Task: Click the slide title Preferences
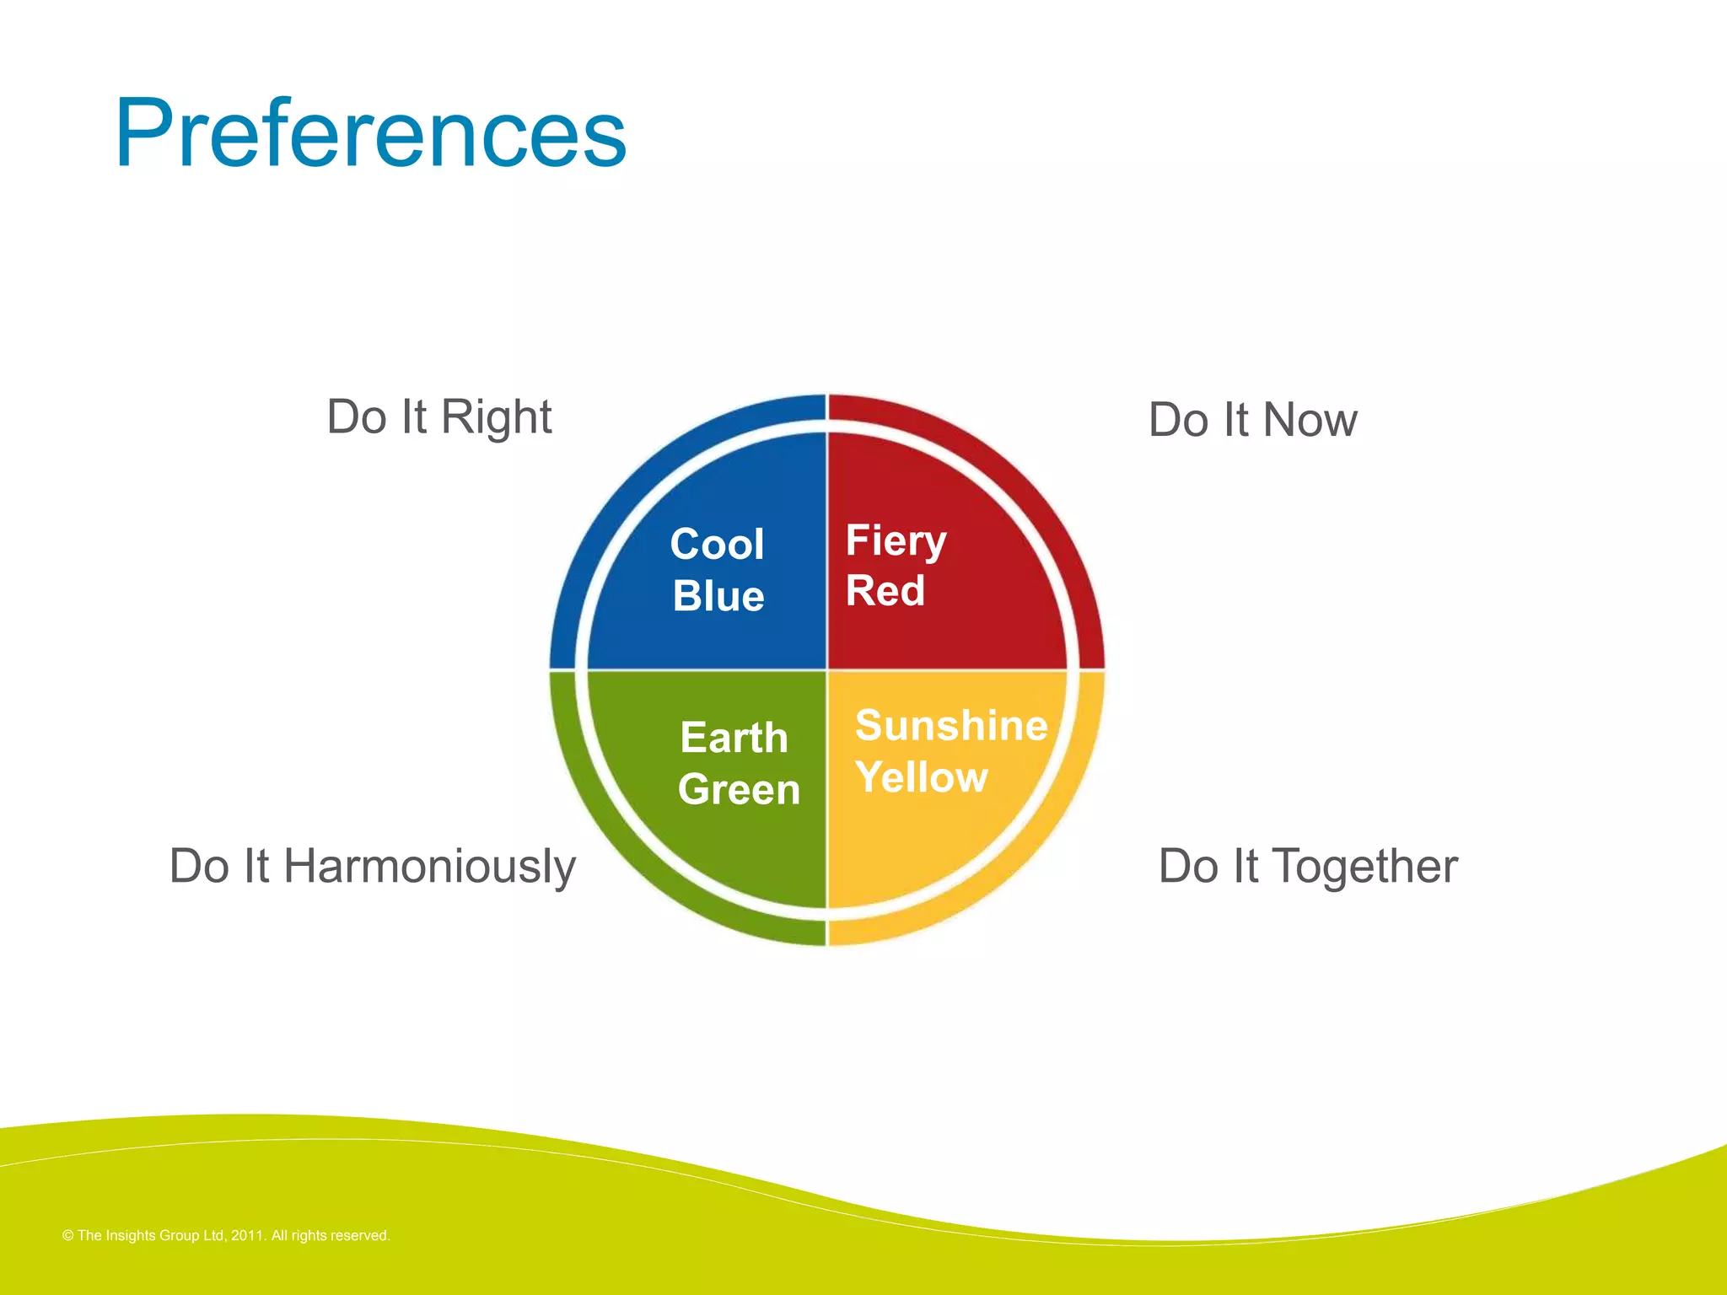tap(371, 133)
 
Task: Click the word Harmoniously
tap(429, 867)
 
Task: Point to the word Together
tap(1364, 867)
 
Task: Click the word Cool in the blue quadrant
tap(717, 544)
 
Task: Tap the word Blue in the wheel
tap(718, 596)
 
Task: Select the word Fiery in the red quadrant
tap(896, 541)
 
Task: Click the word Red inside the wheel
tap(885, 590)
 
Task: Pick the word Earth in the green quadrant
tap(734, 738)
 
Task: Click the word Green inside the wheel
tap(739, 790)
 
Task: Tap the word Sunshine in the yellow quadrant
tap(951, 725)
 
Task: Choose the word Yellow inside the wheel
tap(921, 777)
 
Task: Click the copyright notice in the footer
tap(226, 1235)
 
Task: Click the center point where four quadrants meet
tap(827, 670)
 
